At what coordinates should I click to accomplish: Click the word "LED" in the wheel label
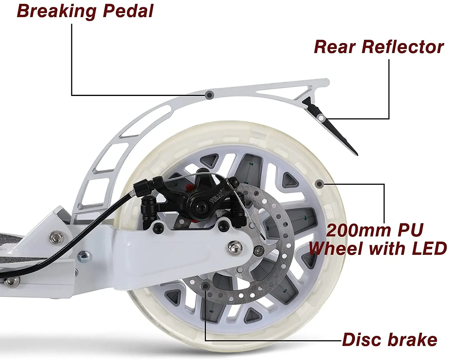coord(424,248)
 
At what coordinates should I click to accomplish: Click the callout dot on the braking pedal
coord(210,95)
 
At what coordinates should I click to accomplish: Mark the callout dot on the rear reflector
coord(321,118)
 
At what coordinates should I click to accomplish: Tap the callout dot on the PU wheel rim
coord(319,184)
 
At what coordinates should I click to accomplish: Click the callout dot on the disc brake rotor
coord(206,286)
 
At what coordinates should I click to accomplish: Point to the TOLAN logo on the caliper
coord(217,197)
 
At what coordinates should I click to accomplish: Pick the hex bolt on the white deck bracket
coord(57,237)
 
